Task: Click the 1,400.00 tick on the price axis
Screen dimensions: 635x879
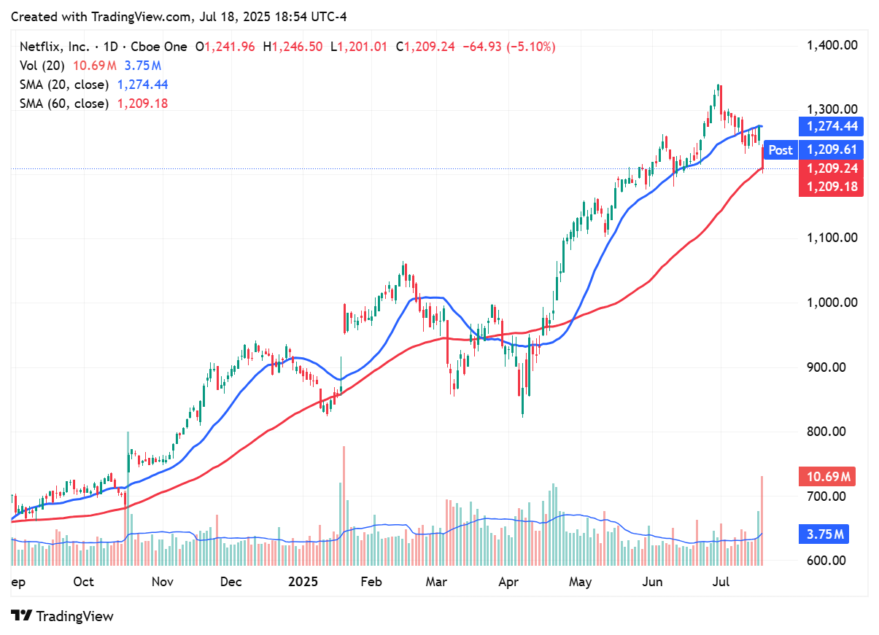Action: pyautogui.click(x=831, y=45)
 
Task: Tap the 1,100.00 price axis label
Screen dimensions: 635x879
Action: pyautogui.click(x=831, y=238)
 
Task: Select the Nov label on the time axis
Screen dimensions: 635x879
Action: pyautogui.click(x=162, y=582)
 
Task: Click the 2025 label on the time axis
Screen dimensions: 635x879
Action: pyautogui.click(x=303, y=582)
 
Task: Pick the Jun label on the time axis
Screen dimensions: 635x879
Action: pyautogui.click(x=653, y=582)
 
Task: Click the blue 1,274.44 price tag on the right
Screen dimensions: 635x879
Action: pyautogui.click(x=831, y=127)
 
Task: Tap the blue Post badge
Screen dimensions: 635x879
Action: pyautogui.click(x=780, y=150)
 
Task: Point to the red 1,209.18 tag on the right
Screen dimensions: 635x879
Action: pyautogui.click(x=831, y=187)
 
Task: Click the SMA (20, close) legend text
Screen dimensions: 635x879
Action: pyautogui.click(x=64, y=85)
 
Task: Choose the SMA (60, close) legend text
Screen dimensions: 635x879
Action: pyautogui.click(x=64, y=104)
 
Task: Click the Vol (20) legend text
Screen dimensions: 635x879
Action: pyautogui.click(x=42, y=66)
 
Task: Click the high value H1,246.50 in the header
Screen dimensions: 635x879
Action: pyautogui.click(x=293, y=47)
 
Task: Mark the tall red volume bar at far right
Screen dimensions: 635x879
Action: pyautogui.click(x=762, y=521)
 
